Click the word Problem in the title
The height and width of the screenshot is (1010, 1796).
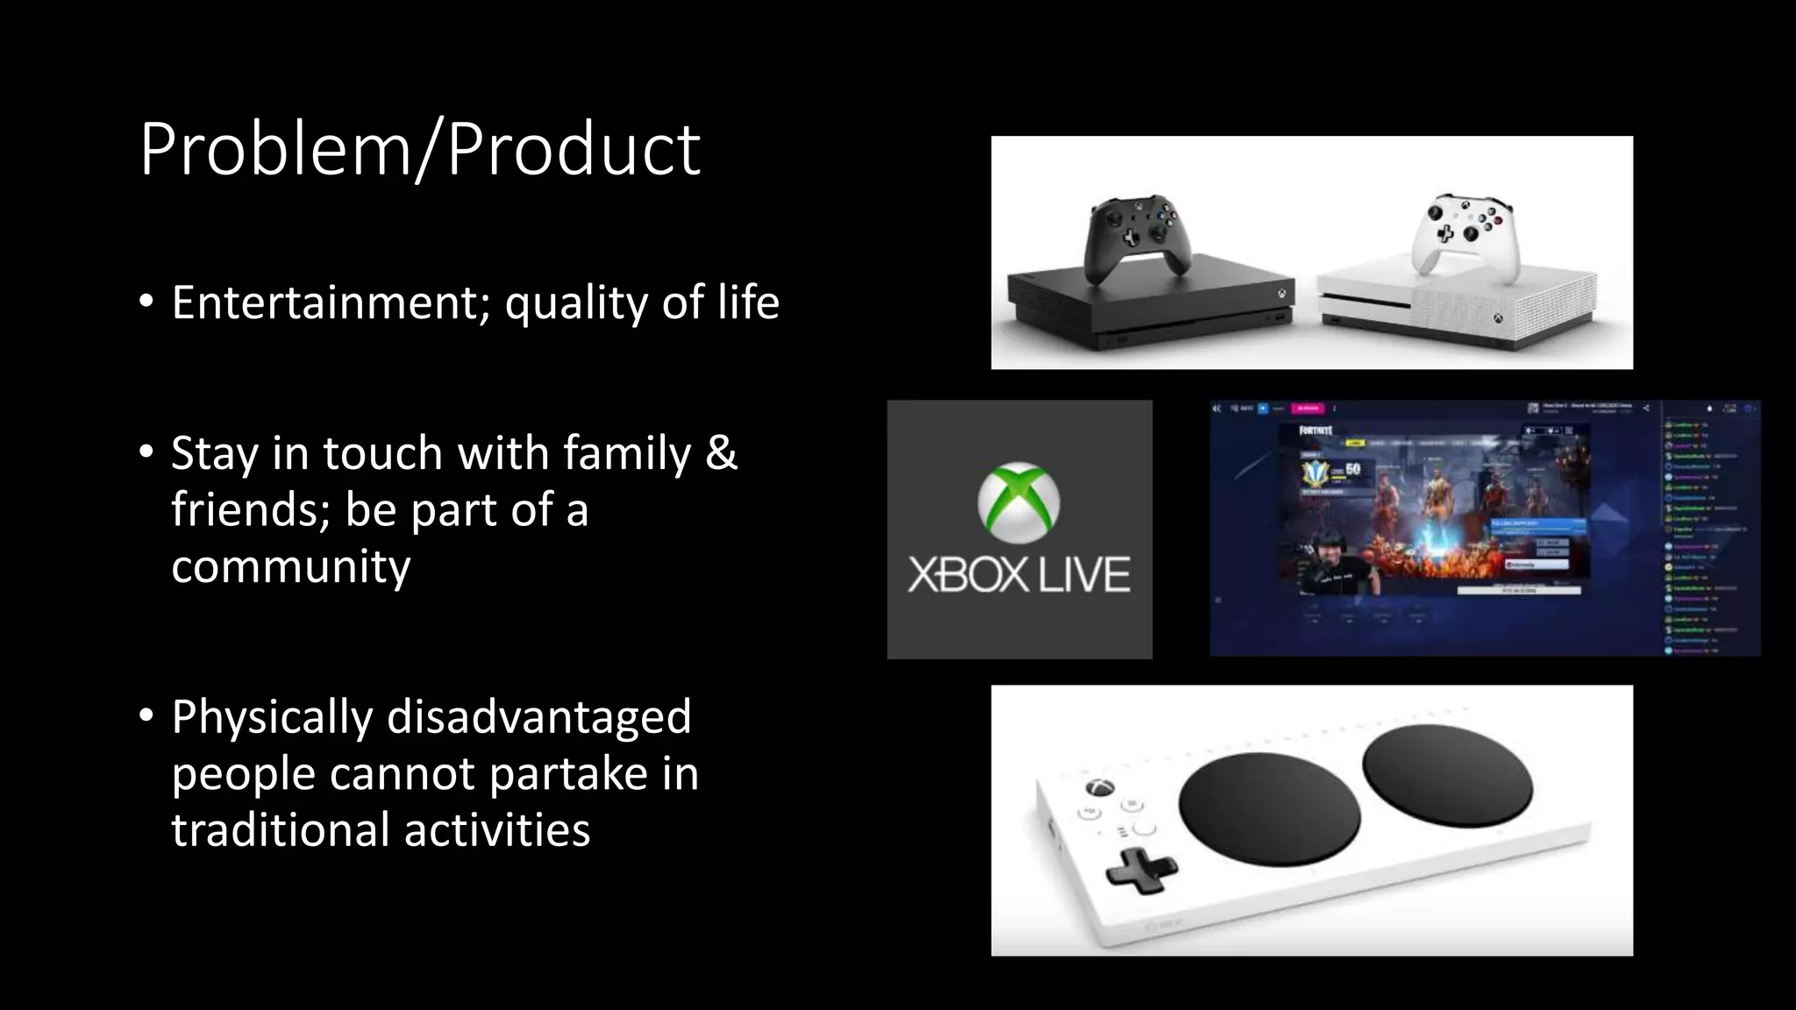pos(274,150)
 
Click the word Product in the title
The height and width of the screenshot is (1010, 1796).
pos(574,150)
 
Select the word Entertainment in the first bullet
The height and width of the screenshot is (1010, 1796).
pos(324,302)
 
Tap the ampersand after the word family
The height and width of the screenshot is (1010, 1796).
pos(721,453)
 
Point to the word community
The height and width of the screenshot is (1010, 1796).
pos(291,565)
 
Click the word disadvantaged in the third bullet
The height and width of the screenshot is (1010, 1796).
pos(538,716)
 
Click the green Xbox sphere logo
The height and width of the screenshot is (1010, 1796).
pos(1019,502)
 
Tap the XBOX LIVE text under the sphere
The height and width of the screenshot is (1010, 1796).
pos(1019,575)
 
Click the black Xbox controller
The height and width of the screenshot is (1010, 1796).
pos(1137,235)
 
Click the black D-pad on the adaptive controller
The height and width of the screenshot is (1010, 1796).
pos(1139,871)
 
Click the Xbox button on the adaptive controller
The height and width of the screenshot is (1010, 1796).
pos(1100,787)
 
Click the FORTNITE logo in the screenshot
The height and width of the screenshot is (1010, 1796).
pos(1316,430)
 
